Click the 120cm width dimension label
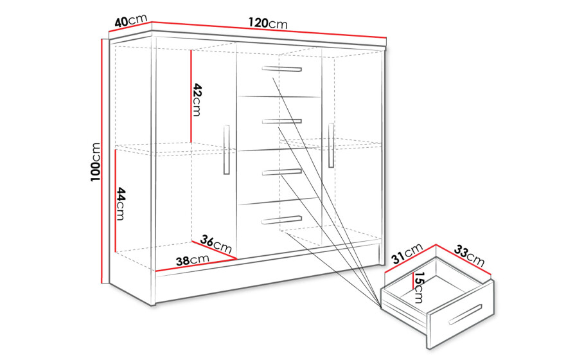point(268,23)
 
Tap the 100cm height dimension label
point(96,162)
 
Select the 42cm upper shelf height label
point(197,100)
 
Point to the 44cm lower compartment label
point(121,204)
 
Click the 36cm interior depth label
point(216,244)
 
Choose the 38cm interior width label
point(192,260)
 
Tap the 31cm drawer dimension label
point(407,253)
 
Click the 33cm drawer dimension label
point(469,256)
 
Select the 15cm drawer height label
point(420,287)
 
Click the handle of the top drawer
point(281,69)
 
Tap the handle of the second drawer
point(281,121)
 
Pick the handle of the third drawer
point(281,172)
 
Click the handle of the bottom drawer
point(281,220)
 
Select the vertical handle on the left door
point(226,150)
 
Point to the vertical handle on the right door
point(331,145)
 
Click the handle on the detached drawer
point(465,314)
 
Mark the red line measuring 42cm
point(191,96)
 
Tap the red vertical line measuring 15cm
point(412,281)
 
